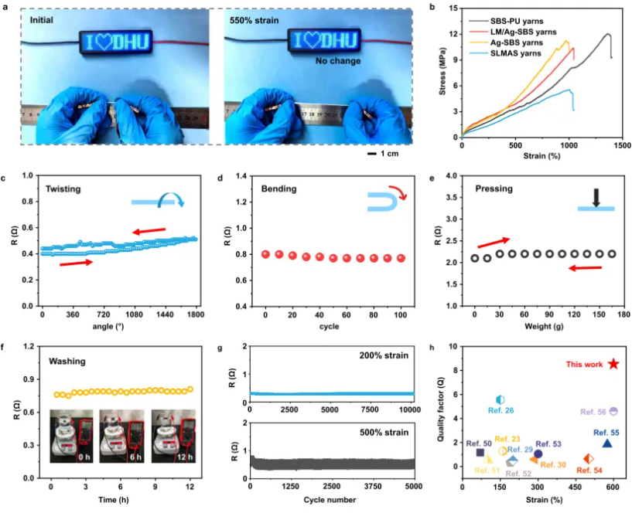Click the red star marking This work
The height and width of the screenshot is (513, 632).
(613, 364)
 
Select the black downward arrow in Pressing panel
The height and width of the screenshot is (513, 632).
(596, 198)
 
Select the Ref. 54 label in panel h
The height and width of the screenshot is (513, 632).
(589, 470)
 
